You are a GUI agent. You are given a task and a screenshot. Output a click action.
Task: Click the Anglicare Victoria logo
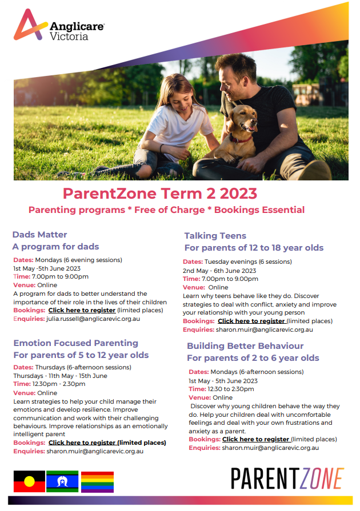point(59,26)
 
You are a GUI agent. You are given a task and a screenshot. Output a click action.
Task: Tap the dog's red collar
point(241,139)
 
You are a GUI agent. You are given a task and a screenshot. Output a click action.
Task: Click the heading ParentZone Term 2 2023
point(160,194)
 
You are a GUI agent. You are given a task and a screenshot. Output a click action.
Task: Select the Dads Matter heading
point(39,235)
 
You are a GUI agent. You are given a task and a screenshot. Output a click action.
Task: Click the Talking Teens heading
point(215,236)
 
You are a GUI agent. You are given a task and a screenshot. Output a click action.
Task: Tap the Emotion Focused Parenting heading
point(75,343)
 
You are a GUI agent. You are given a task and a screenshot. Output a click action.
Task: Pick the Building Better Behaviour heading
point(245,346)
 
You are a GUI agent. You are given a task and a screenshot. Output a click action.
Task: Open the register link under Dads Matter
point(82,310)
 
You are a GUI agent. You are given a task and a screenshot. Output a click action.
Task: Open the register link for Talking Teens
point(252,321)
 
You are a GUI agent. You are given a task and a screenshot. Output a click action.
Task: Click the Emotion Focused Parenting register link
point(83,442)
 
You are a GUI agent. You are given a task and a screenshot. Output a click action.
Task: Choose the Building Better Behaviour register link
point(257,439)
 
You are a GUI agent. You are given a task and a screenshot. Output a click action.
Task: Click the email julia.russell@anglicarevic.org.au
point(93,319)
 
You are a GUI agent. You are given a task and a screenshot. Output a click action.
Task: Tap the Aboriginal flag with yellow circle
point(29,481)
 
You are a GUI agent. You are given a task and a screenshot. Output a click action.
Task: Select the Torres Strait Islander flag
point(62,481)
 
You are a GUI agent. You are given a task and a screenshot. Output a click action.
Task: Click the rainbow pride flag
point(97,482)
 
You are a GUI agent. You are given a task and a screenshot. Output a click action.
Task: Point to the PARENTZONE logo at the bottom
point(287,478)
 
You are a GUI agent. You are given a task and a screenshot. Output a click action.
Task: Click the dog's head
point(243,119)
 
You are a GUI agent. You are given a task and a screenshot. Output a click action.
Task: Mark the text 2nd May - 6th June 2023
point(219,271)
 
